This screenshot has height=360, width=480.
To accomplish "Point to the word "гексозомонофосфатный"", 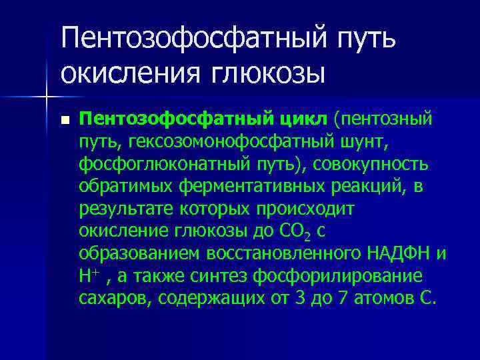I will [x=212, y=142].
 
